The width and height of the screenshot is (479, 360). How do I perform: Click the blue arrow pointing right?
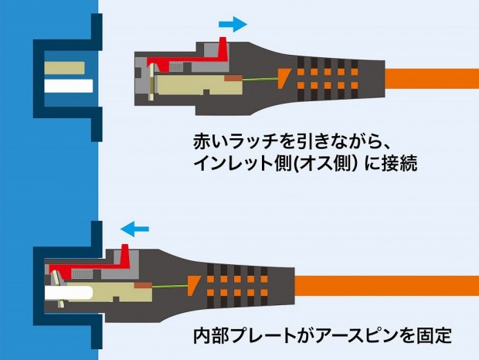pos(233,24)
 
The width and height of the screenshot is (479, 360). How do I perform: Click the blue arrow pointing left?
pos(134,229)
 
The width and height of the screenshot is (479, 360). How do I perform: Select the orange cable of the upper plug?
pos(432,79)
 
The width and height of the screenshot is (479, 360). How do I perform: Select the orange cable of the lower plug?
pos(387,286)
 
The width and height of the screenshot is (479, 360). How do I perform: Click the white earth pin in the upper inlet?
pos(69,86)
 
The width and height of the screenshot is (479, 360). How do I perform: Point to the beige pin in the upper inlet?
pos(64,68)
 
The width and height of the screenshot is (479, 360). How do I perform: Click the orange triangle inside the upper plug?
pos(284,78)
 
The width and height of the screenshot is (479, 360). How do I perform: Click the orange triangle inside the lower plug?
pos(193,286)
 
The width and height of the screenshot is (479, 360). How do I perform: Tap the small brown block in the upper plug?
pos(233,78)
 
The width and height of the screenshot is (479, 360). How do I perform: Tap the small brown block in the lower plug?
pos(143,285)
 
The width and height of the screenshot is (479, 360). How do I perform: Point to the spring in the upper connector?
pos(177,67)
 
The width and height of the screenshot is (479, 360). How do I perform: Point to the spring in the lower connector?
pos(82,274)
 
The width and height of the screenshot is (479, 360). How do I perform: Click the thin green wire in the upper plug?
pos(260,80)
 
